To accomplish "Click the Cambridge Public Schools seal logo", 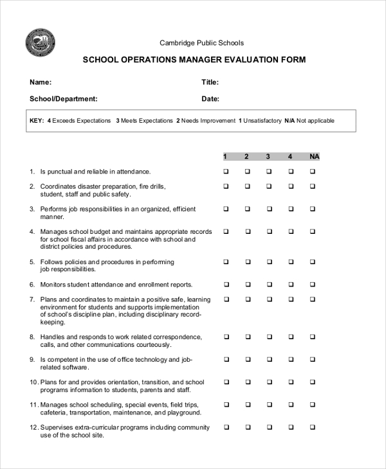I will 40,44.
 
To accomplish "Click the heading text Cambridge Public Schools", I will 201,43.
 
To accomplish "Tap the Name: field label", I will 41,82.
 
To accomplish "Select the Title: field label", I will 210,82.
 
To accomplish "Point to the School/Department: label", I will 64,99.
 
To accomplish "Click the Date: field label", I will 210,99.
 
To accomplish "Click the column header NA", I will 313,157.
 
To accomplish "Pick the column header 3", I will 268,157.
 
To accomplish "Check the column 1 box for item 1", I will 226,172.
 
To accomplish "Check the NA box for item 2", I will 313,186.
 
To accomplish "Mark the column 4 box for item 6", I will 291,285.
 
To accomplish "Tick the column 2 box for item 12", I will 247,427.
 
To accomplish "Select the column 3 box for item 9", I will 269,360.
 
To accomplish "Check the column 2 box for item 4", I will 247,231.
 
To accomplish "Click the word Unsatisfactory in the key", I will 262,121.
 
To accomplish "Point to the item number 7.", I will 32,299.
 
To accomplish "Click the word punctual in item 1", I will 60,172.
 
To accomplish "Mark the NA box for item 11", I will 313,405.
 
